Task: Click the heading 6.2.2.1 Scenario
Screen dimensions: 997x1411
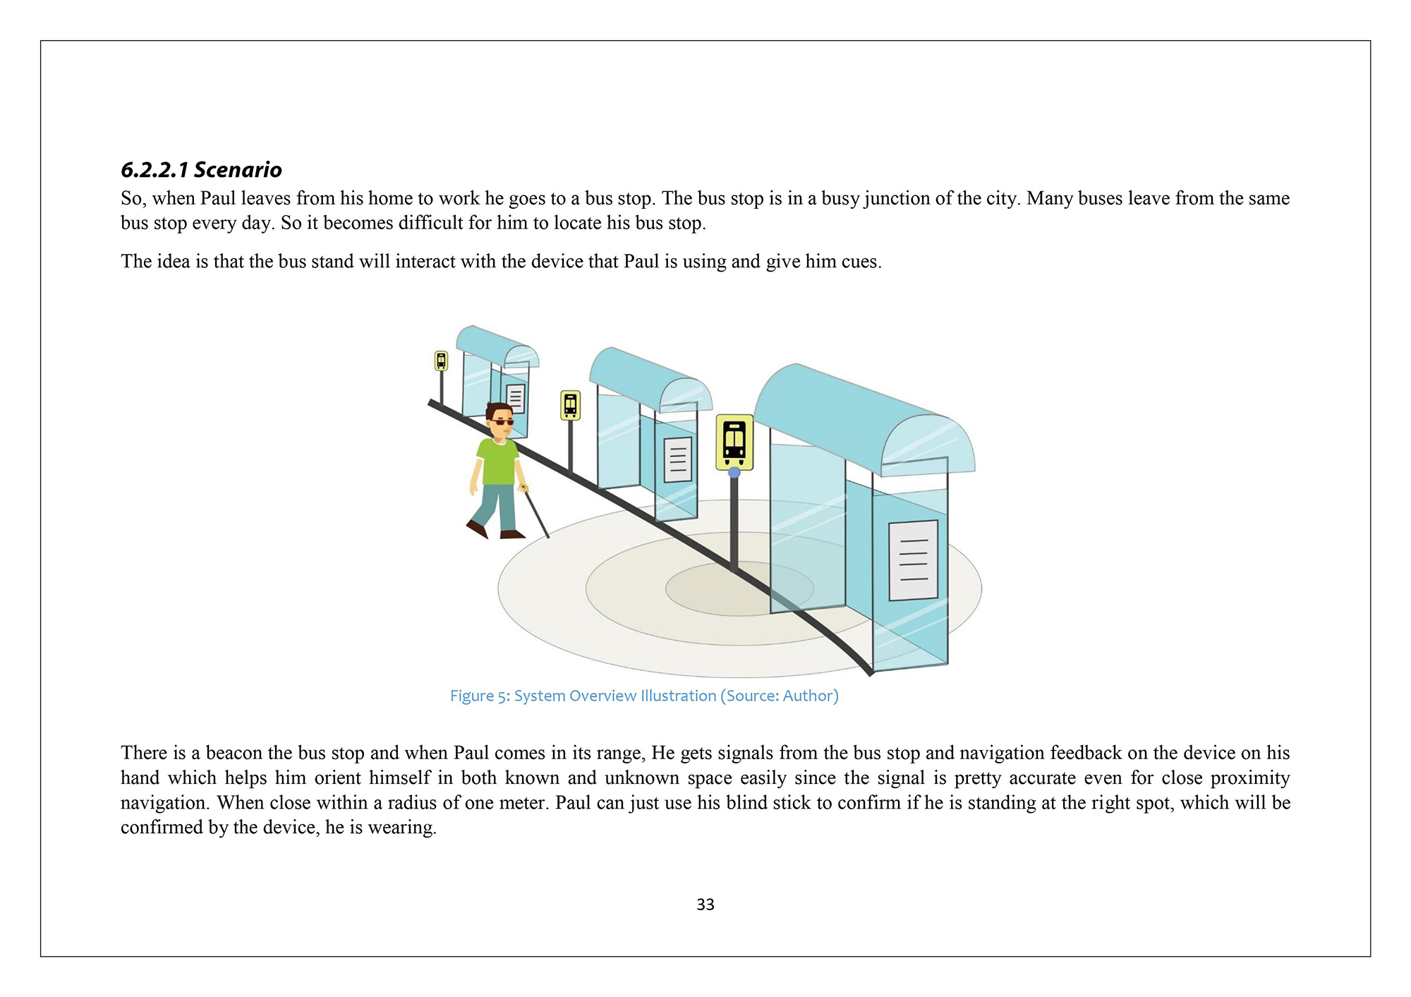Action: click(201, 170)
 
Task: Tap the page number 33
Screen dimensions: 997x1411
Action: click(705, 905)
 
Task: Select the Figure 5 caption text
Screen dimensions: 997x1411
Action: click(644, 696)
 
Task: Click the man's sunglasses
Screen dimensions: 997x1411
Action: click(502, 422)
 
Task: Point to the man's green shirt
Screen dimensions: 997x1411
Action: click(498, 462)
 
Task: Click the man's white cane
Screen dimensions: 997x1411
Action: click(536, 514)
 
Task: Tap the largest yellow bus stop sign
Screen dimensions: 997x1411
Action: click(734, 442)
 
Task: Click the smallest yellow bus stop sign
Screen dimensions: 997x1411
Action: click(441, 361)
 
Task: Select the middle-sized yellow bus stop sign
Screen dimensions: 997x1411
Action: click(570, 405)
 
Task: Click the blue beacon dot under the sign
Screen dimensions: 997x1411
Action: click(734, 472)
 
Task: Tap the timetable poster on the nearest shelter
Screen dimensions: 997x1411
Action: click(913, 560)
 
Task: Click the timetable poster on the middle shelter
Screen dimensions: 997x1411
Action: click(678, 459)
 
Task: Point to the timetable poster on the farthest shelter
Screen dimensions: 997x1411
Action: click(516, 399)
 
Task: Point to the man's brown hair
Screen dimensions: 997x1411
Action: click(498, 409)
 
